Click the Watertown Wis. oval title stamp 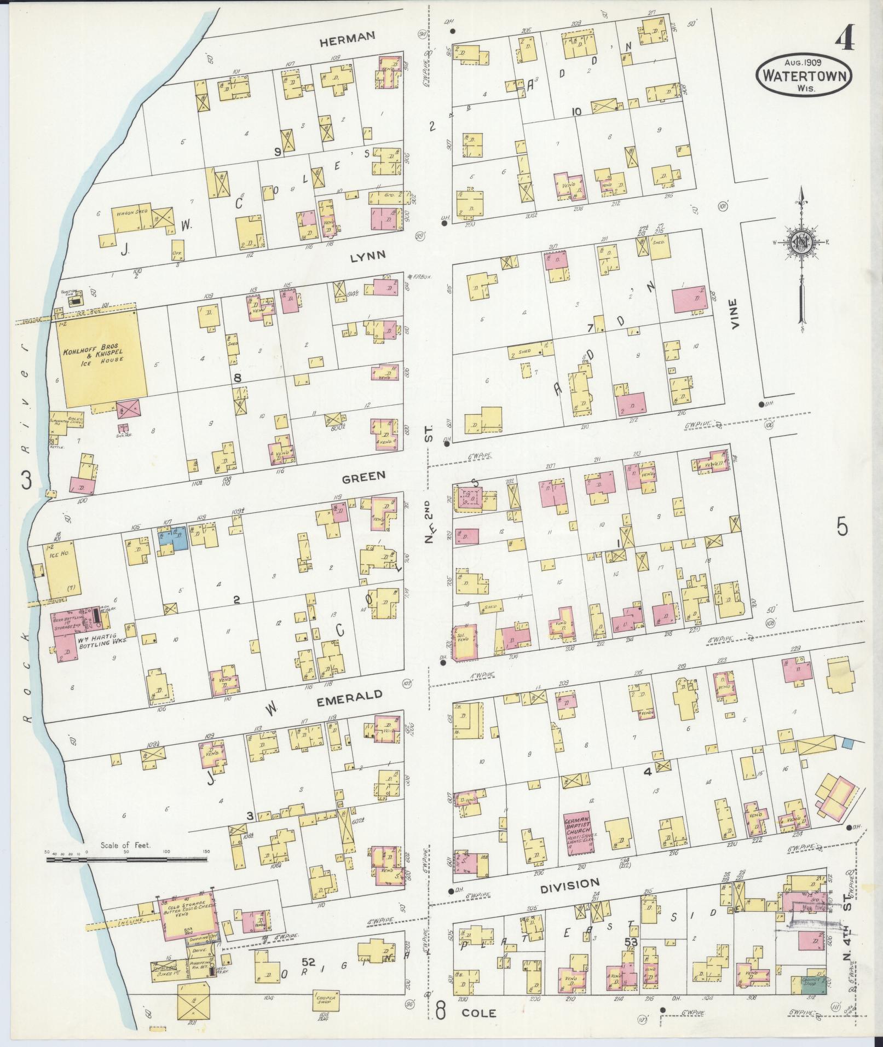(804, 76)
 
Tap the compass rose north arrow (801, 244)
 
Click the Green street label (363, 476)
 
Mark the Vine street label (734, 313)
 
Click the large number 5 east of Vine (841, 527)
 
